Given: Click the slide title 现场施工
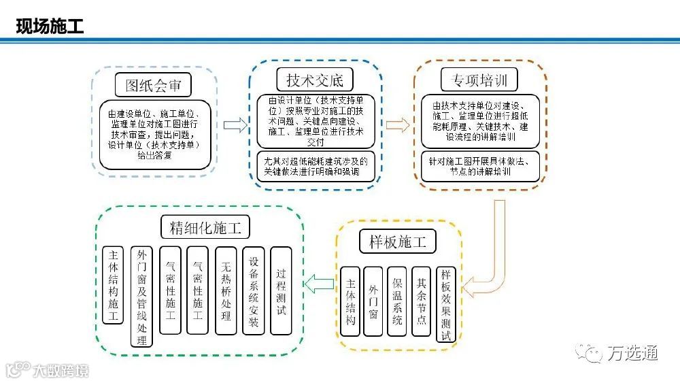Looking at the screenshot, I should tap(50, 27).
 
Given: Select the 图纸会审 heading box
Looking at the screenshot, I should tap(153, 85).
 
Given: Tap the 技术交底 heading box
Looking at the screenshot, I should tap(315, 79).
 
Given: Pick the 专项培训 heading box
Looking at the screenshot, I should tap(479, 80).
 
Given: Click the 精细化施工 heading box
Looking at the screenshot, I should tap(201, 227).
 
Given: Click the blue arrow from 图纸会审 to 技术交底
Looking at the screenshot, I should tap(235, 125).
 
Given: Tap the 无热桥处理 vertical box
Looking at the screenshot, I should tap(226, 290).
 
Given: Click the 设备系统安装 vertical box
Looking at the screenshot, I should tap(254, 290).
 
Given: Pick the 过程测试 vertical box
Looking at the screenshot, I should tap(281, 290).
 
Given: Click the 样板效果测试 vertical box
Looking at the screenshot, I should tap(446, 304).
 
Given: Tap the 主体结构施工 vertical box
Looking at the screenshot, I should tap(113, 285).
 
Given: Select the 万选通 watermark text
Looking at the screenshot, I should tap(632, 353).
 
